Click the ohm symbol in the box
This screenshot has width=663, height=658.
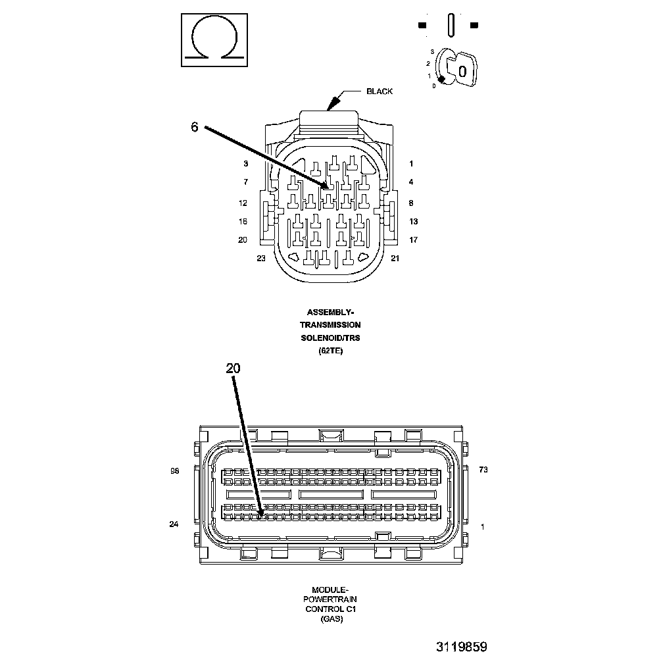pos(215,39)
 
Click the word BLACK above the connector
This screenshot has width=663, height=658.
pos(380,91)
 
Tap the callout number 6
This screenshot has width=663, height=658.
pos(194,127)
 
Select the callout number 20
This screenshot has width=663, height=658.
pos(233,368)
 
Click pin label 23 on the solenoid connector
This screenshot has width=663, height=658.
pos(261,259)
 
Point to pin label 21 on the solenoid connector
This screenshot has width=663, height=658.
pos(395,259)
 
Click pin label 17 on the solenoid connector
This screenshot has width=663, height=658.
pos(414,240)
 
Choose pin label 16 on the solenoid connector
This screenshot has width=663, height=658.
pos(243,222)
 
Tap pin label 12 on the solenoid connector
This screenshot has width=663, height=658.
pos(243,203)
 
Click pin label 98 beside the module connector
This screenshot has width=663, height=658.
pos(174,470)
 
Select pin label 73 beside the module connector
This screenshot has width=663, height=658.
pos(483,470)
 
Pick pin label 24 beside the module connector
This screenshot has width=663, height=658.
pos(174,524)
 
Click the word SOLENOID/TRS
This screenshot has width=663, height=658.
pos(330,338)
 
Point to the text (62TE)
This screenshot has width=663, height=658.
pos(330,351)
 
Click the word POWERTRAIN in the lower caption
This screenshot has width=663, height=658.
pos(331,599)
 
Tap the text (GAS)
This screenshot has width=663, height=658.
pos(331,619)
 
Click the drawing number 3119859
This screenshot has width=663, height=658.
pos(461,647)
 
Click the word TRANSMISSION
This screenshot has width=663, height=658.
pos(330,325)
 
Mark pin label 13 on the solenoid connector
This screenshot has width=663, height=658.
pos(414,222)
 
